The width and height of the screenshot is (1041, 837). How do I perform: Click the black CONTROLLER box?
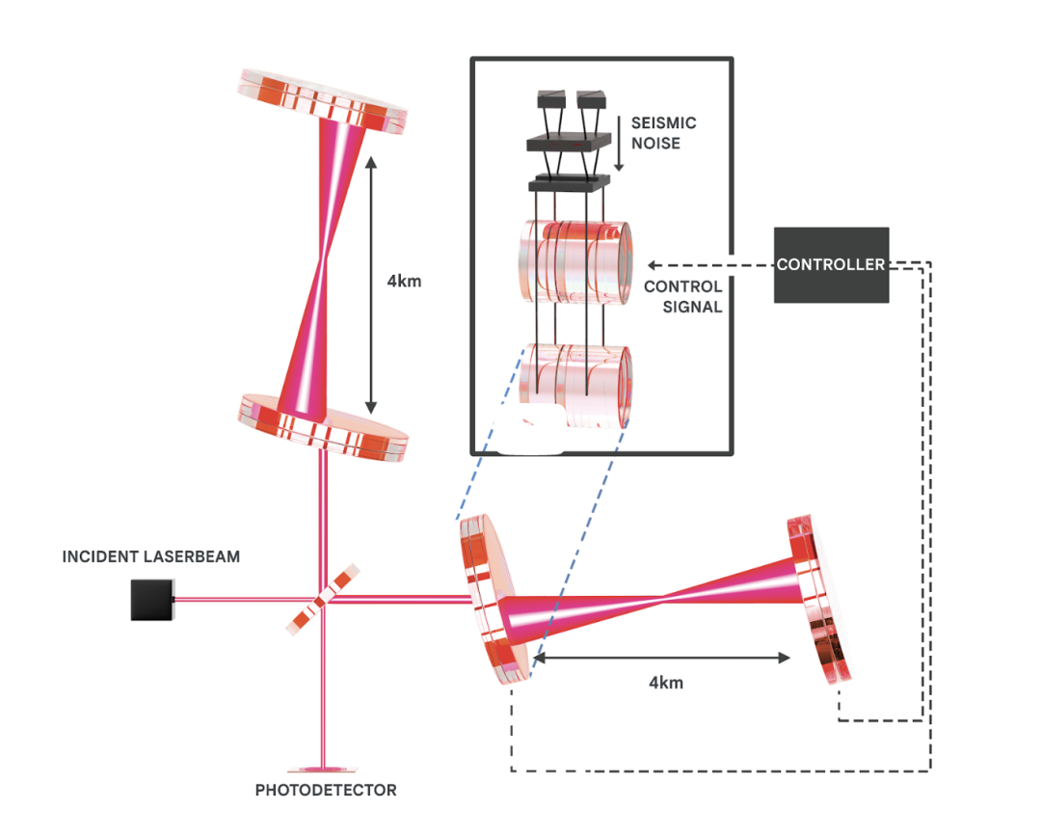(x=831, y=264)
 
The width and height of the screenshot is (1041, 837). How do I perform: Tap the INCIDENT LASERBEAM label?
(x=151, y=556)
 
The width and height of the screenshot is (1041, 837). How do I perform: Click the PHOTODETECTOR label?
(x=326, y=790)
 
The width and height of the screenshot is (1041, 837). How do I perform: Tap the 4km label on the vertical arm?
(x=403, y=283)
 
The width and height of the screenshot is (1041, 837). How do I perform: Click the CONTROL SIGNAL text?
(x=682, y=297)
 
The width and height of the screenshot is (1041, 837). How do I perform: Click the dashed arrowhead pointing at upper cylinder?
(x=653, y=264)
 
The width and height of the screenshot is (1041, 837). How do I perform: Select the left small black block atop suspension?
(x=550, y=99)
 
